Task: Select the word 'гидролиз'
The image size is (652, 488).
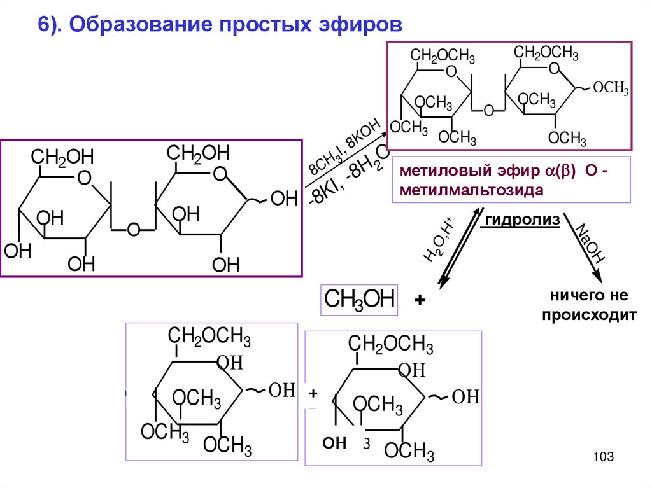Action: pos(523,220)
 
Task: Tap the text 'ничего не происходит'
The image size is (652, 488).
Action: pos(589,305)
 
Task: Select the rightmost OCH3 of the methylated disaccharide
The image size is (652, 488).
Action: pos(611,88)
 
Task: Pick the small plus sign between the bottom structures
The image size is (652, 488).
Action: pos(313,395)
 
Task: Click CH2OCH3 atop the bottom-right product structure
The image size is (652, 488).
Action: pos(390,345)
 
